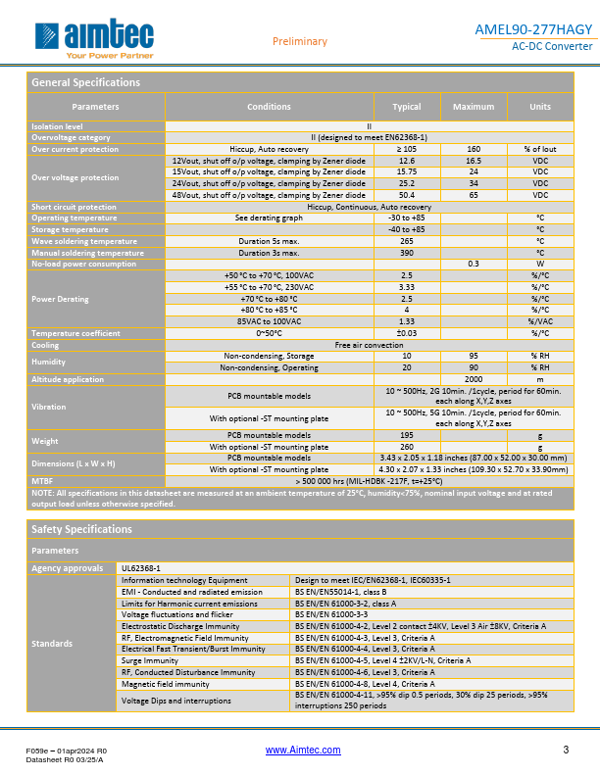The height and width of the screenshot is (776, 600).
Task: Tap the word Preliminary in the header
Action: pos(299,41)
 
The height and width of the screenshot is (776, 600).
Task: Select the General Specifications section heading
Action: pos(86,82)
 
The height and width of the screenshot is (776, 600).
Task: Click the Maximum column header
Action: pos(474,106)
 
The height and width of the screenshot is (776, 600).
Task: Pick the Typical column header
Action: pos(407,106)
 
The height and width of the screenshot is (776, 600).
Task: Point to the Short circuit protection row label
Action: pos(74,207)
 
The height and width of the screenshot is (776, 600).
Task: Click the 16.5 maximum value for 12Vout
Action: pos(474,159)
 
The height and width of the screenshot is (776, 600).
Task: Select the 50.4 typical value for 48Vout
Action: pos(407,195)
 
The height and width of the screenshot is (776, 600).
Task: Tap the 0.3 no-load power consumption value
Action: pos(474,263)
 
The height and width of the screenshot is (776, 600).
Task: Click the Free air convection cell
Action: pos(369,345)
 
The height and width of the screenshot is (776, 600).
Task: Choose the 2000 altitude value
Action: pos(474,378)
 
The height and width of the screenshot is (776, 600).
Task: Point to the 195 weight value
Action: pos(407,434)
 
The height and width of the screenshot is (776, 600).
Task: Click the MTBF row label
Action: pos(44,481)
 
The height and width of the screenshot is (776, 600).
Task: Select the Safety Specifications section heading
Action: pos(81,529)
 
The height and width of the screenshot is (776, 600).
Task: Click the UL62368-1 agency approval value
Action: pos(139,567)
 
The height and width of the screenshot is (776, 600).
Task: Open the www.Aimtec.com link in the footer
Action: pos(304,750)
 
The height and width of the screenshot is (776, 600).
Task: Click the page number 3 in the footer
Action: pos(566,750)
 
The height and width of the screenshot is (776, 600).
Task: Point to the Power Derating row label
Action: pos(61,299)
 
